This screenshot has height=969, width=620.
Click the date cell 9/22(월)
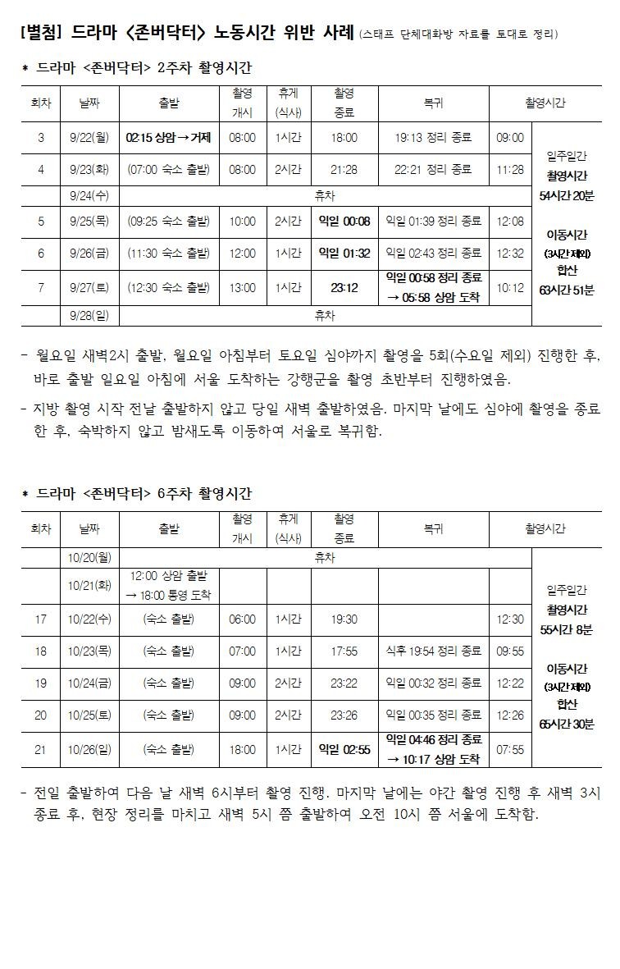[x=89, y=138]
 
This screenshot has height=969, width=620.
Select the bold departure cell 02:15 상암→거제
[x=169, y=138]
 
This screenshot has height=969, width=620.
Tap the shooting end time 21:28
[x=344, y=170]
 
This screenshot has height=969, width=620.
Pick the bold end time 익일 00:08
[x=344, y=221]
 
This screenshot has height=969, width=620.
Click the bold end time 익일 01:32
[x=344, y=253]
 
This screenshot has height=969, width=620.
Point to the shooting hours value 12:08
[x=510, y=221]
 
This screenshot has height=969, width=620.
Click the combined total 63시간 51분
[x=567, y=290]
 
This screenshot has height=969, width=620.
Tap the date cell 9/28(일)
[x=89, y=315]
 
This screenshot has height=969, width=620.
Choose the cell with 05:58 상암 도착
[x=433, y=297]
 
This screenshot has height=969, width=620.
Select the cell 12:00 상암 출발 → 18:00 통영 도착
[x=169, y=585]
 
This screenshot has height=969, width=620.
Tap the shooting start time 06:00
[x=242, y=619]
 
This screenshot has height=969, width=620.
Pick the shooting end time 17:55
[x=344, y=651]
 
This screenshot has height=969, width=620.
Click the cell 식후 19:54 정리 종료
[x=433, y=651]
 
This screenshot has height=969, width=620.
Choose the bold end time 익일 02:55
[x=344, y=750]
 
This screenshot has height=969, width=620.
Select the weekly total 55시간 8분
[x=567, y=630]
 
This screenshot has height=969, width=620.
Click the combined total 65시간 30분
[x=567, y=724]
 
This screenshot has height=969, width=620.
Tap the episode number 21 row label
[x=41, y=750]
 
